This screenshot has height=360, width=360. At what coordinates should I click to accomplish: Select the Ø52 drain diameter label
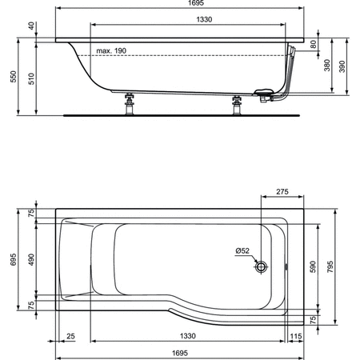click(242, 250)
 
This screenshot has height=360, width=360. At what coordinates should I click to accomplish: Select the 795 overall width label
click(342, 264)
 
